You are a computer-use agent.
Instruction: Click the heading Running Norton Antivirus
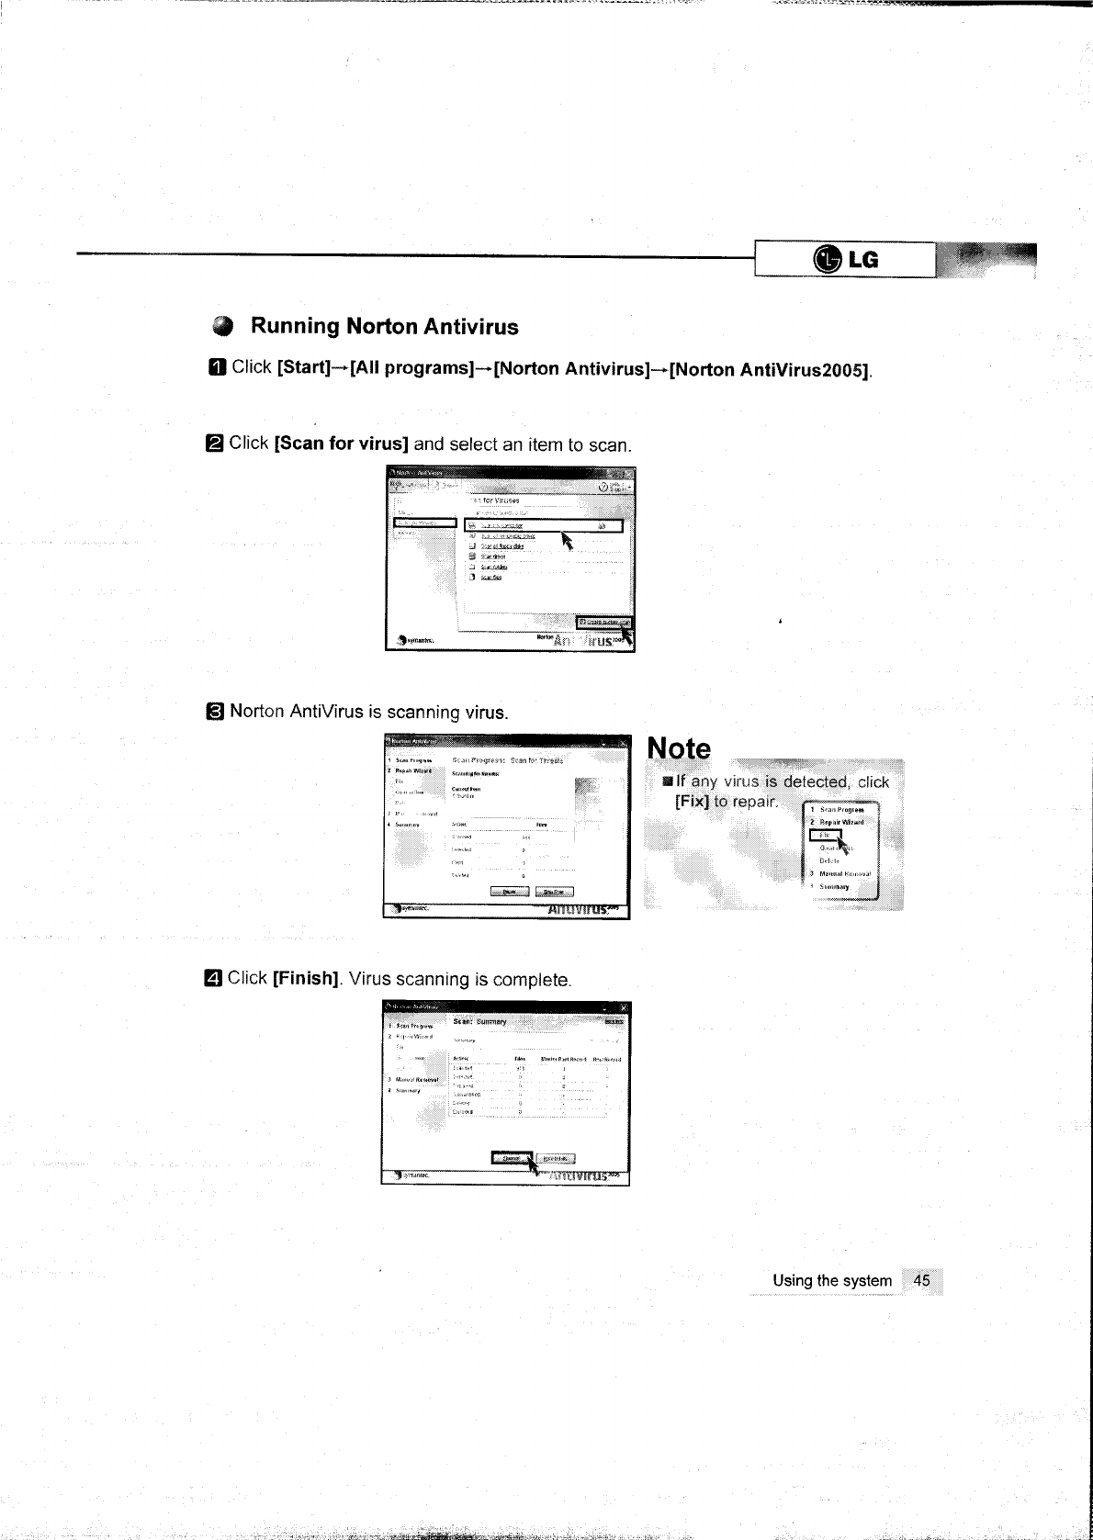[384, 327]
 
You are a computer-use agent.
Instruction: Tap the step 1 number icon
[217, 368]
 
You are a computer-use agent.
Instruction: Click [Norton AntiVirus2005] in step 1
[770, 370]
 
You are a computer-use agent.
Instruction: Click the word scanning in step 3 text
[423, 713]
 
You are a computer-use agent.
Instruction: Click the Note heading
[679, 749]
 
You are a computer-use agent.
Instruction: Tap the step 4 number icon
[213, 979]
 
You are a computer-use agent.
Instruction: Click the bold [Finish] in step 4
[307, 979]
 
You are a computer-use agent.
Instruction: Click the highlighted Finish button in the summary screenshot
[511, 1158]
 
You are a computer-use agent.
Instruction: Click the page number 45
[922, 1280]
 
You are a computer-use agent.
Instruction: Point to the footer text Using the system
[832, 1280]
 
